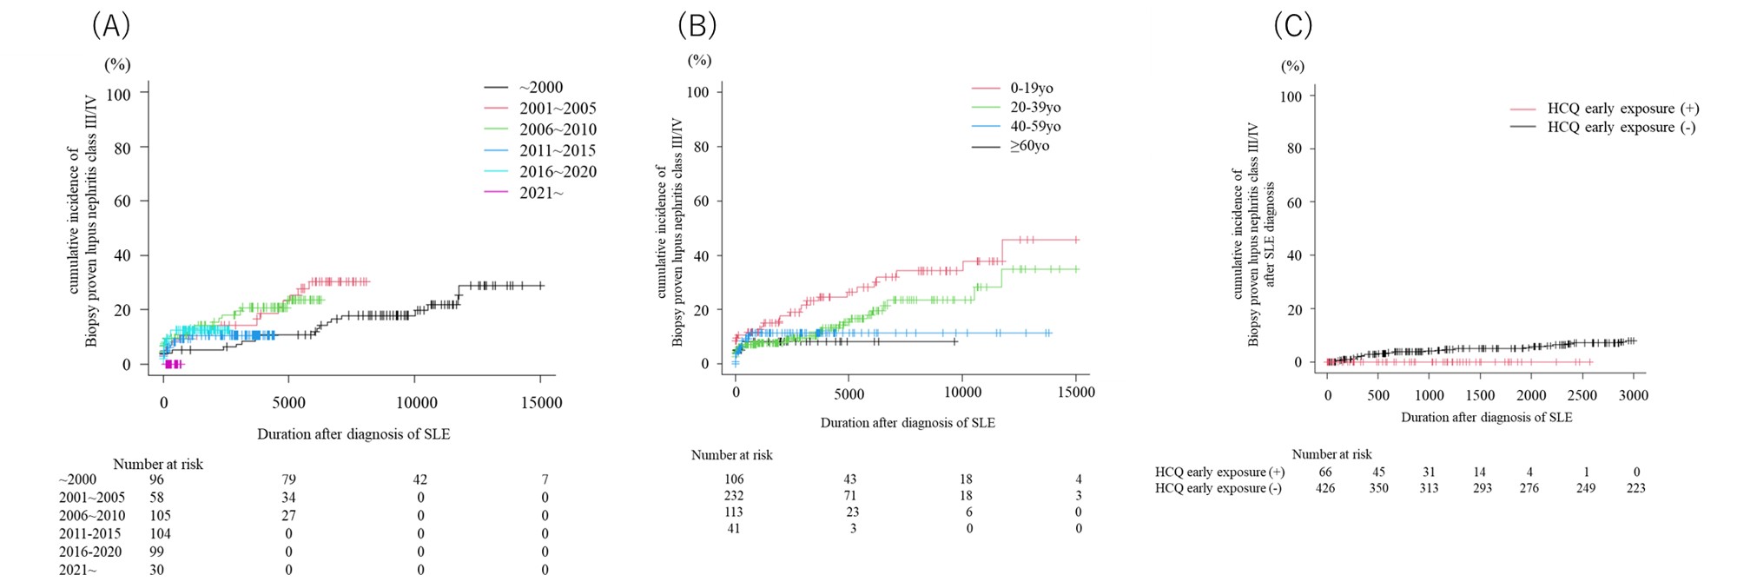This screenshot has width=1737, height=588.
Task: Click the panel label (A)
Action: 111,26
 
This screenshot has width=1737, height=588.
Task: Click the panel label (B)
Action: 697,26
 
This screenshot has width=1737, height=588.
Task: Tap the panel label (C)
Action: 1292,26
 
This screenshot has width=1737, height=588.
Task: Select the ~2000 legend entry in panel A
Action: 540,87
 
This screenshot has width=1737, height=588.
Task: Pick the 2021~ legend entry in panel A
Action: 540,193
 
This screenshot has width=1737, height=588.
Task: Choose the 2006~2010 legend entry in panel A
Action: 558,129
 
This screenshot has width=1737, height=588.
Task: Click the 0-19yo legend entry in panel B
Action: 1031,88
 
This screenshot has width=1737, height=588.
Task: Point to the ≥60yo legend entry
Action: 1029,146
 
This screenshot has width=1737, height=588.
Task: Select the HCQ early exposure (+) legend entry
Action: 1622,109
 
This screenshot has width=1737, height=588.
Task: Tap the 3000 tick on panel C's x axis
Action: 1634,395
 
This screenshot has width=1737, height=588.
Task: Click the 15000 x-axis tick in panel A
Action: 541,402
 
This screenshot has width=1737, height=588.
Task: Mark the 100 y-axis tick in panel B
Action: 697,92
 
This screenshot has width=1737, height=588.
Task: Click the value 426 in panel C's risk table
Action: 1325,488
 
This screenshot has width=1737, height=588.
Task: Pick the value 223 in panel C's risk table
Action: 1635,488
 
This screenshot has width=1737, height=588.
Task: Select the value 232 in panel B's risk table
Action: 734,496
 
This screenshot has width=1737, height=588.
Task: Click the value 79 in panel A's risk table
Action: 288,479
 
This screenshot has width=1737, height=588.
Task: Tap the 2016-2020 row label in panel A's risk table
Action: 90,552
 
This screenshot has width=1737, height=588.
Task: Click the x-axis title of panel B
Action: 908,423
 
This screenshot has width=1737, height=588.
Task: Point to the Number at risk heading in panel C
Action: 1331,454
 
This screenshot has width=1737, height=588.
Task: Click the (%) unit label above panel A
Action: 117,64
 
